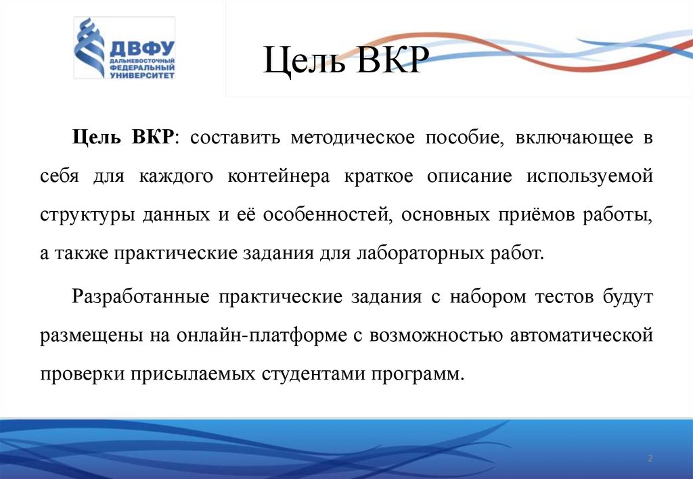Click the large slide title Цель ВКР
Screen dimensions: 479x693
pyautogui.click(x=345, y=64)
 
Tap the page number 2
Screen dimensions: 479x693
pyautogui.click(x=650, y=459)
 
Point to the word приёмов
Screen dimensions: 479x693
pyautogui.click(x=537, y=216)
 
